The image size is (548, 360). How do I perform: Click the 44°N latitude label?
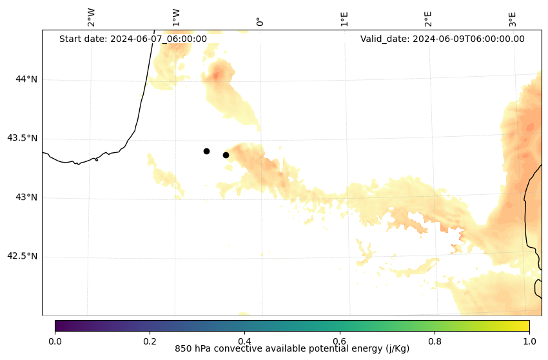pyautogui.click(x=26, y=79)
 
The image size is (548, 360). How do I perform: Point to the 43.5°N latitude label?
pyautogui.click(x=23, y=138)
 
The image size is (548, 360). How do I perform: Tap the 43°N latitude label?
pyautogui.click(x=26, y=197)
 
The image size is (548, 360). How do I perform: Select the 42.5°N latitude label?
pyautogui.click(x=23, y=256)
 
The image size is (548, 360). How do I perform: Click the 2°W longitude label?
pyautogui.click(x=92, y=18)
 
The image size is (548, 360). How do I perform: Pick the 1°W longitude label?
pyautogui.click(x=176, y=18)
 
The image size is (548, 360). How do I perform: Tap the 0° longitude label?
pyautogui.click(x=260, y=21)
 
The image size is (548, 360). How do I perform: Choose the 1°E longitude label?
pyautogui.click(x=344, y=19)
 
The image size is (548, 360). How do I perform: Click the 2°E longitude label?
pyautogui.click(x=428, y=19)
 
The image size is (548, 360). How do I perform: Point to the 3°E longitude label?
pyautogui.click(x=513, y=19)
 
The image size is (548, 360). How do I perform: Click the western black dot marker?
pyautogui.click(x=206, y=151)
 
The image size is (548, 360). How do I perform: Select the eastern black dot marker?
pyautogui.click(x=226, y=155)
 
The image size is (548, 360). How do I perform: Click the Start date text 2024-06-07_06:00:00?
pyautogui.click(x=133, y=39)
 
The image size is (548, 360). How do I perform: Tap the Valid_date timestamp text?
pyautogui.click(x=442, y=39)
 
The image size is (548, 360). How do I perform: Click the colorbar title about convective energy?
pyautogui.click(x=292, y=349)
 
